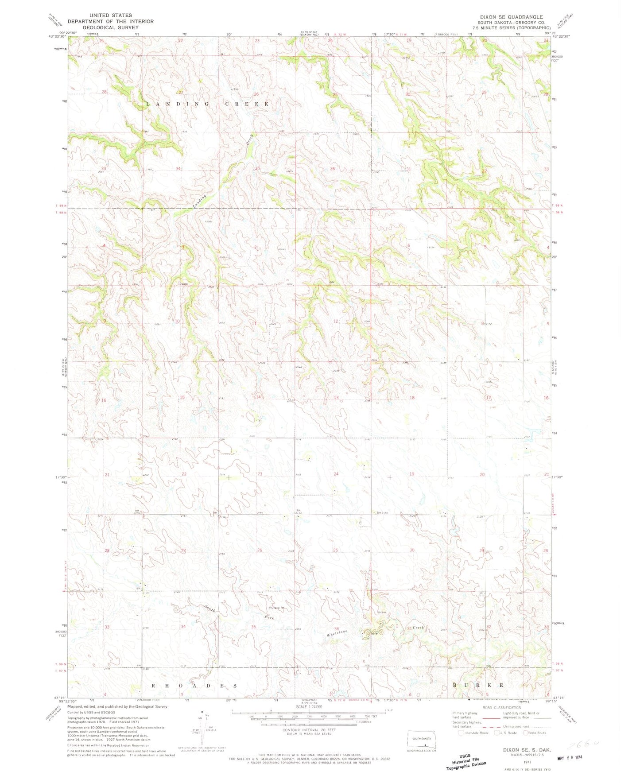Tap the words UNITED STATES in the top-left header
point(110,15)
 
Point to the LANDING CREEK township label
point(208,104)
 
